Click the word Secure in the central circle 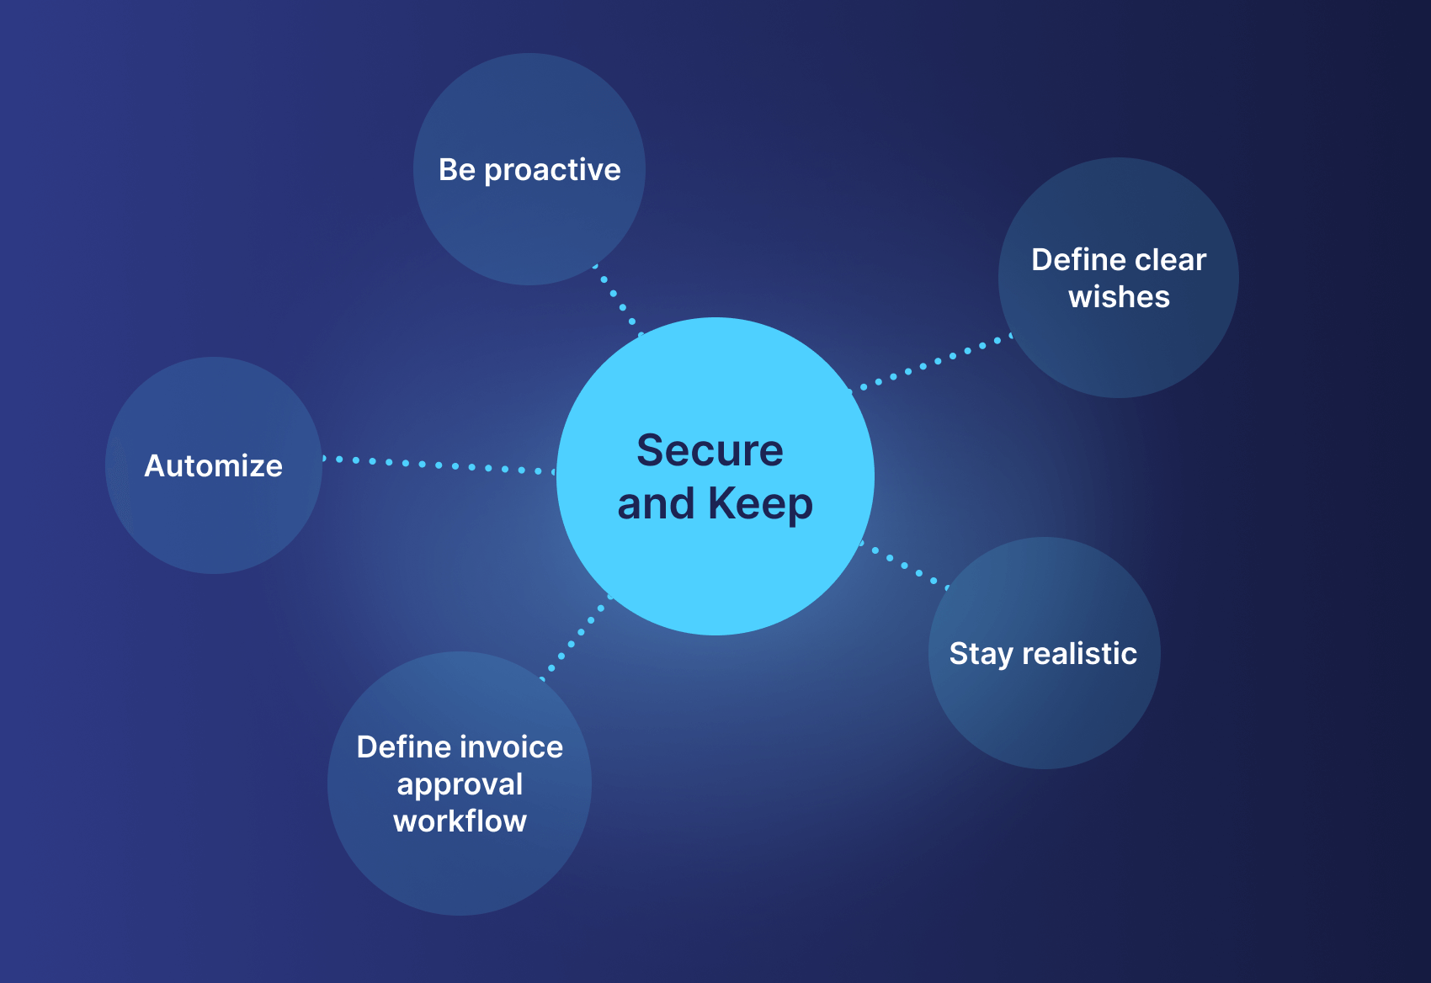(710, 450)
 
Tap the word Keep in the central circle (760, 503)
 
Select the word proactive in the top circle (552, 171)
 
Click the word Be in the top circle (457, 170)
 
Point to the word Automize (213, 465)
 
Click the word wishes (1120, 297)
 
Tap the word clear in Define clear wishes (1170, 260)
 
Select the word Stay (981, 654)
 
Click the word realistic (1080, 653)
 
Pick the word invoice (511, 747)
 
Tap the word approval (460, 785)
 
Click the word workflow (460, 821)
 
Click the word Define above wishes (1077, 260)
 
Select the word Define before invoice (403, 747)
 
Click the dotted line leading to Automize (439, 465)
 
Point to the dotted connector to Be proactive (619, 300)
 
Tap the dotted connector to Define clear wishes (930, 362)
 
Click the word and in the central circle (656, 503)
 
